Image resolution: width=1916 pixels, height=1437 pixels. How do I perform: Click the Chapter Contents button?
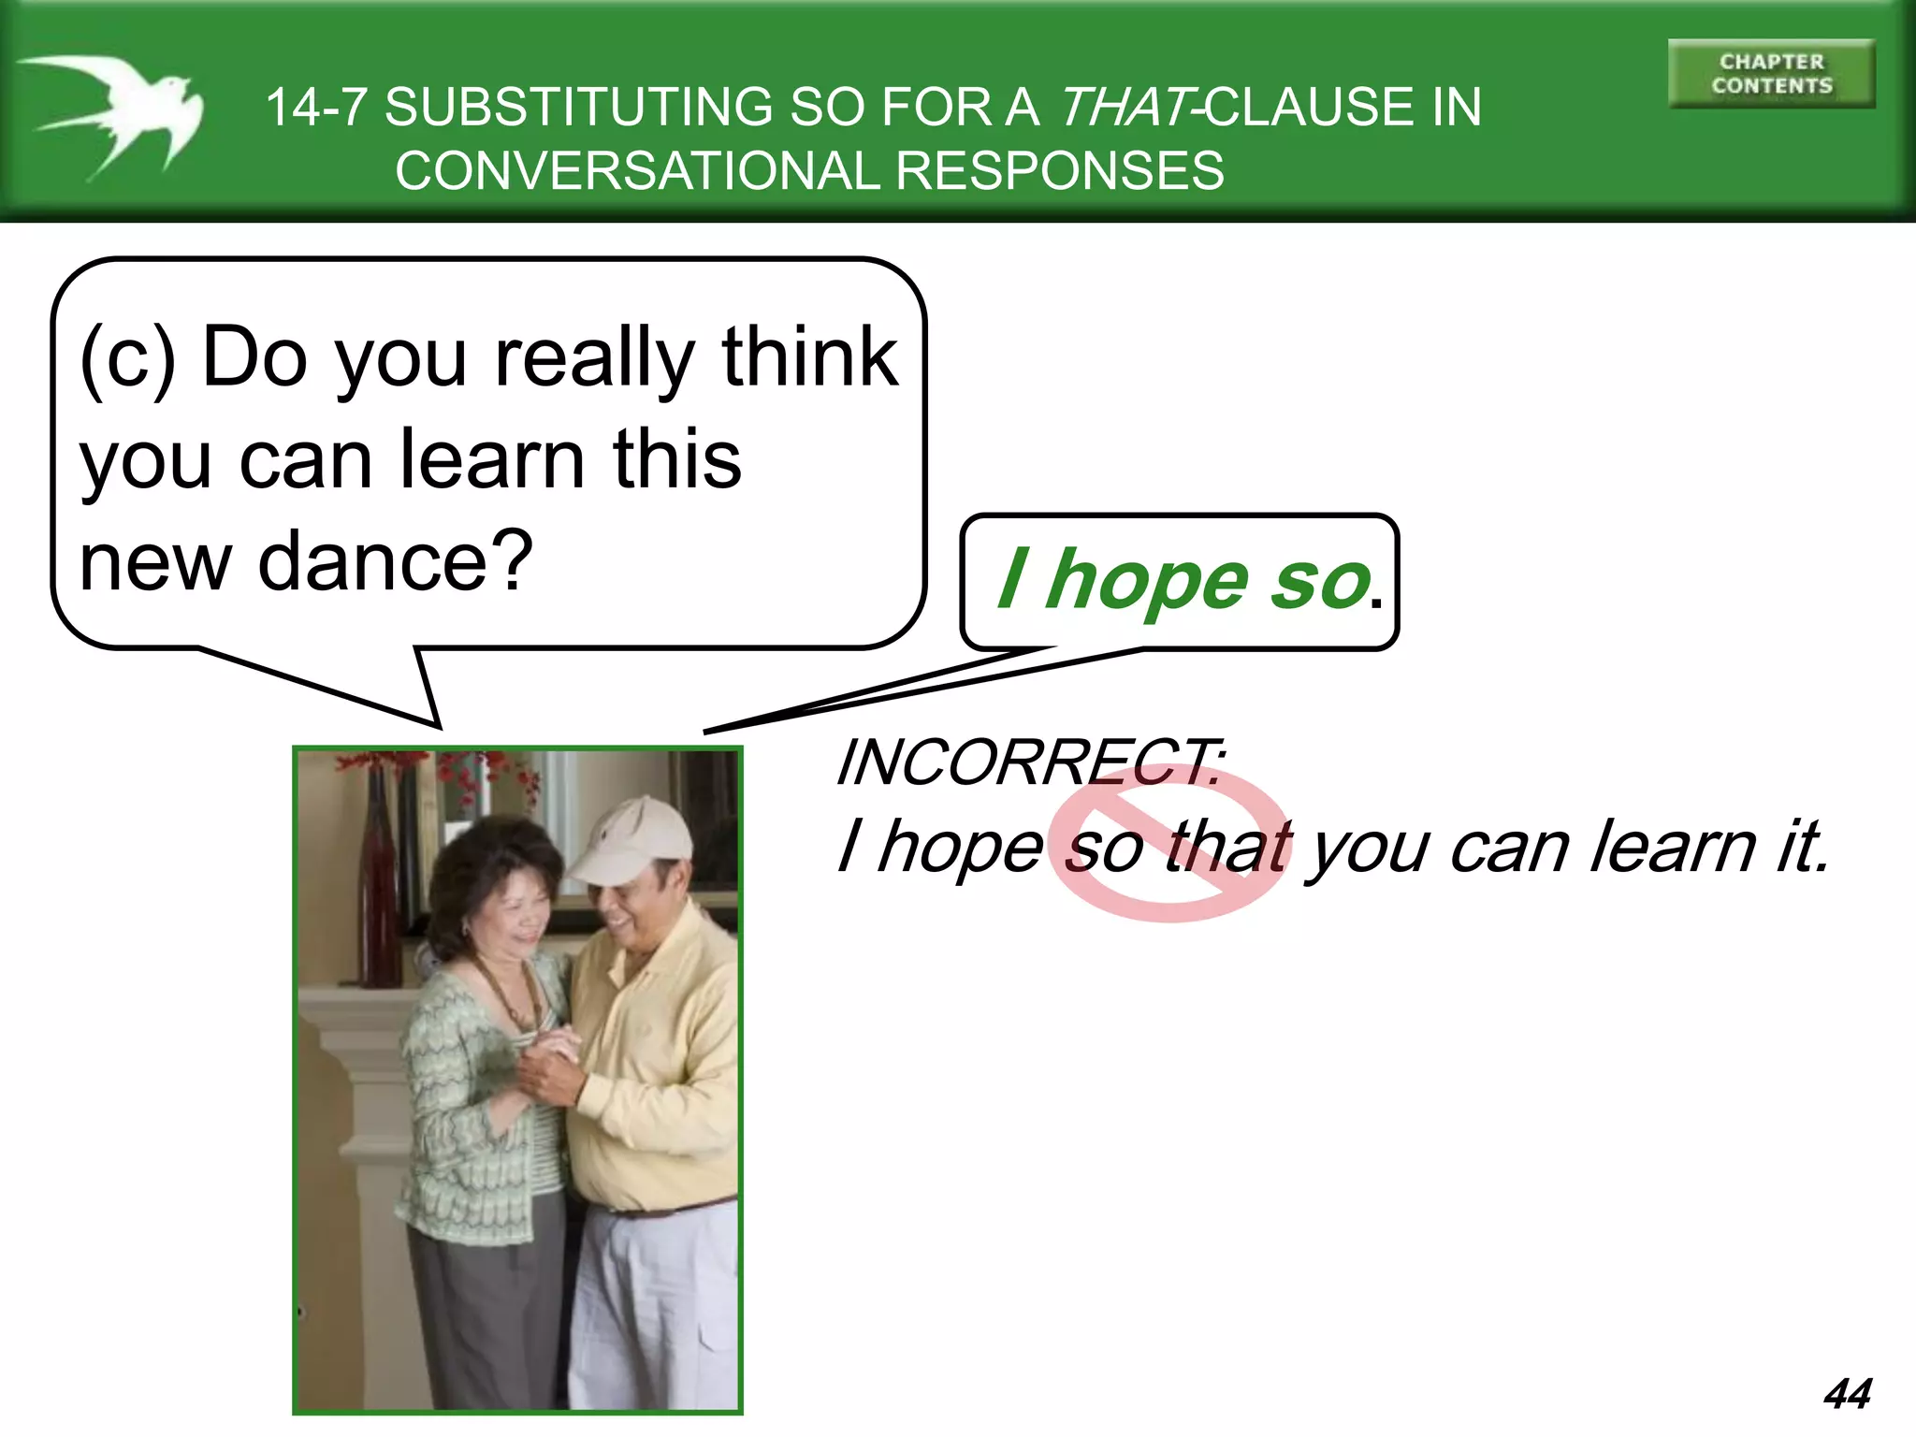[1771, 74]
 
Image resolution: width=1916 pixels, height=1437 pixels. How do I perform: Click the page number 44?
[1847, 1393]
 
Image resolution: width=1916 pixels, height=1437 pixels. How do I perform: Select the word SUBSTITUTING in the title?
[579, 107]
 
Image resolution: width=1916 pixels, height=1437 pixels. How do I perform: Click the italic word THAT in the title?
[1126, 107]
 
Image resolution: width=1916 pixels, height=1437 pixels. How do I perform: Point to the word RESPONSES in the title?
[1059, 171]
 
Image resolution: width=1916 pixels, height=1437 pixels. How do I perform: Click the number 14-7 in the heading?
[316, 107]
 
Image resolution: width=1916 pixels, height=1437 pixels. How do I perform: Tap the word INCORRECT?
[1029, 762]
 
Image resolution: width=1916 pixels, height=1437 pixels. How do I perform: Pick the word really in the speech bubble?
[593, 357]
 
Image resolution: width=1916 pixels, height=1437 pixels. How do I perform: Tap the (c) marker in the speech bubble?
[128, 357]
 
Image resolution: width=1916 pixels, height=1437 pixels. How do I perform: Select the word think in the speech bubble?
[809, 357]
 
